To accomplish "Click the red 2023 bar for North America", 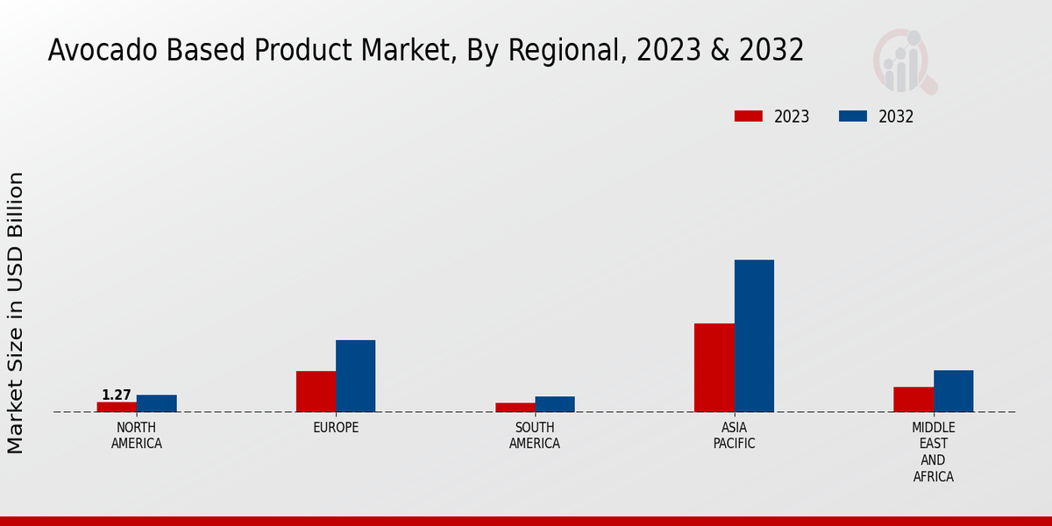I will (x=117, y=407).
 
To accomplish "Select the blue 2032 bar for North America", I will (x=156, y=403).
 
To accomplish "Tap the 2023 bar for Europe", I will (x=316, y=391).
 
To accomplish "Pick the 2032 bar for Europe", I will (x=355, y=376).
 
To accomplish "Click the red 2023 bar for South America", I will (x=515, y=408).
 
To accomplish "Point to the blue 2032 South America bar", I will (x=555, y=404).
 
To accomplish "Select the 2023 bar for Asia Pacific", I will (x=714, y=367).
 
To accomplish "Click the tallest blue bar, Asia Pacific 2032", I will (x=754, y=336).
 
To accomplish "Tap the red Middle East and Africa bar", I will (x=913, y=399).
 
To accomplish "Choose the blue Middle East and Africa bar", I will (x=953, y=391).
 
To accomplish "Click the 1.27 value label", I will (x=116, y=395).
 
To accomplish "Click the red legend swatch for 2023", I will (x=749, y=116).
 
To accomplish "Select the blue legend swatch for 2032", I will (x=853, y=116).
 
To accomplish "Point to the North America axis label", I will (x=136, y=436).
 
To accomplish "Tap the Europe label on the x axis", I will (x=336, y=428).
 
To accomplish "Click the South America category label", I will (x=535, y=436).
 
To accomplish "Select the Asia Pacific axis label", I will (x=734, y=436).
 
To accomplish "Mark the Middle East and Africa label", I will (x=933, y=452).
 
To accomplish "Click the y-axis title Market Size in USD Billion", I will (x=16, y=313).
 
